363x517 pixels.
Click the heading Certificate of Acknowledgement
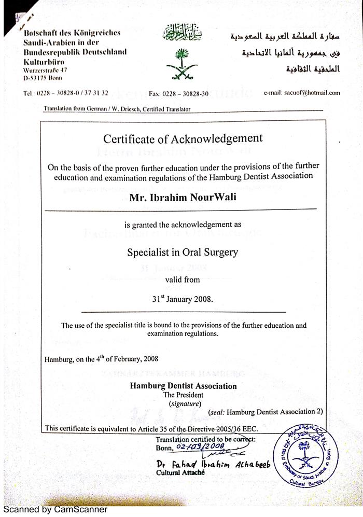[183, 138]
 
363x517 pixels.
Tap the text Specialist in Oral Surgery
[183, 253]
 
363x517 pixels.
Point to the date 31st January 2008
[181, 299]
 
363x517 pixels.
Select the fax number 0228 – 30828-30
[178, 93]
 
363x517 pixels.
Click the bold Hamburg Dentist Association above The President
[183, 386]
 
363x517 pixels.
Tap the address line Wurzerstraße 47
[45, 69]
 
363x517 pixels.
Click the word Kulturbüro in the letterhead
[43, 61]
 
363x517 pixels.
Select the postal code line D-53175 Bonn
[43, 77]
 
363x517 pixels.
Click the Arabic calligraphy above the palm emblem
[181, 35]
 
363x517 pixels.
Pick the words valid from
[183, 280]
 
